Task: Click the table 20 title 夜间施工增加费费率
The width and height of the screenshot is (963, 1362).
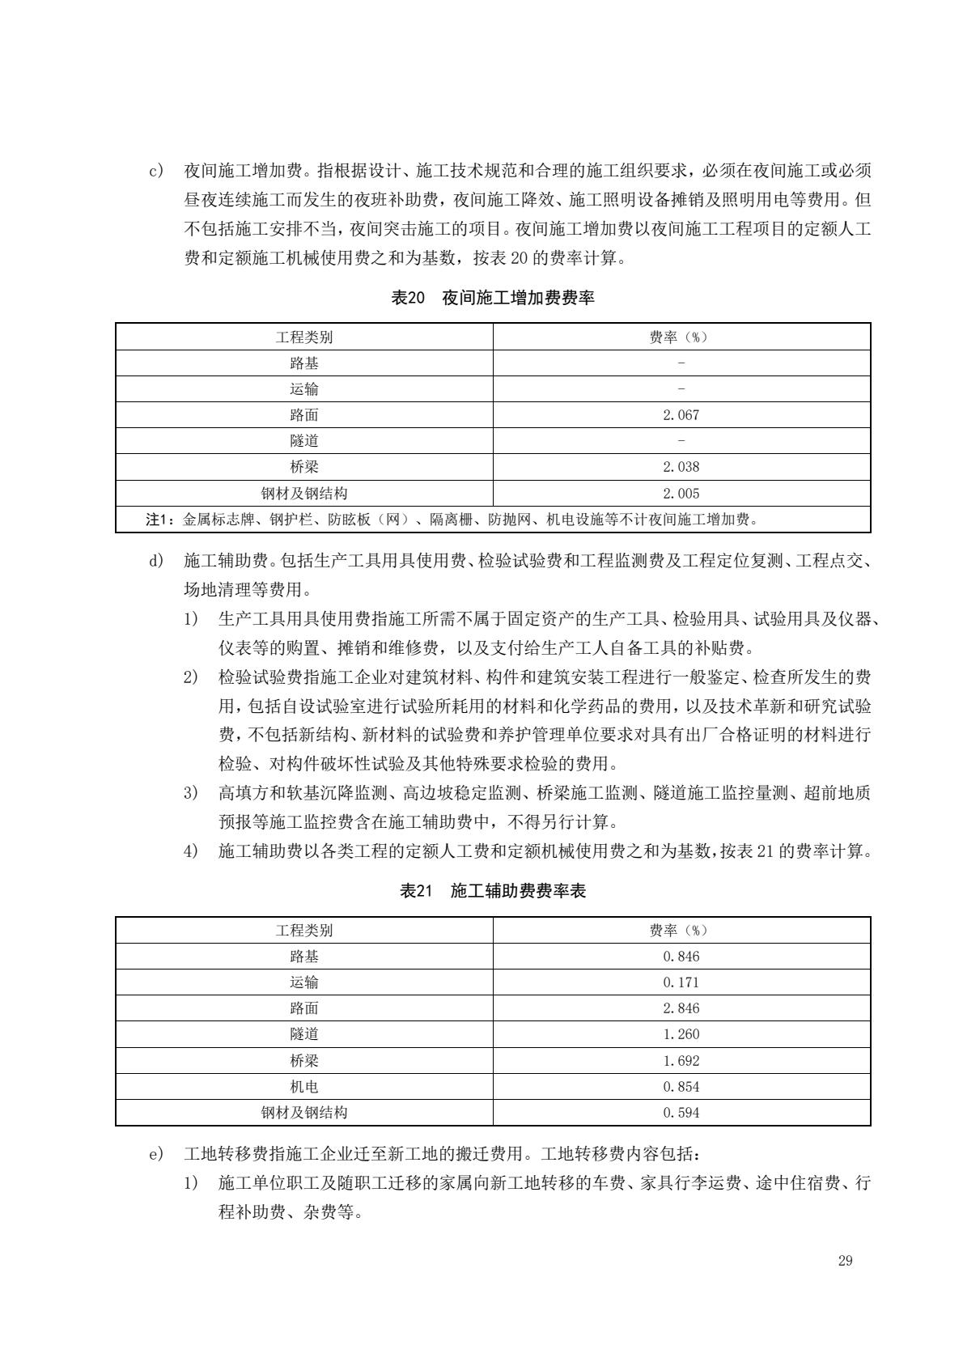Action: [x=493, y=298]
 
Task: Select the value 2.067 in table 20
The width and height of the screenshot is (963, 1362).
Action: [x=681, y=415]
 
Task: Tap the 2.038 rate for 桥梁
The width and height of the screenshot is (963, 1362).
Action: [x=681, y=467]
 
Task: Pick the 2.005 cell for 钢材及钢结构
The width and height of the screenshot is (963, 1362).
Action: [x=681, y=494]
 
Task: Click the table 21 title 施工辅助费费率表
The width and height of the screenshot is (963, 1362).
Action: [x=493, y=891]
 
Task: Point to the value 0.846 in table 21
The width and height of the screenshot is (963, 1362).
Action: [x=681, y=957]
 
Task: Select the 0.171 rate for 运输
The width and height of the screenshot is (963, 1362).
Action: [x=681, y=982]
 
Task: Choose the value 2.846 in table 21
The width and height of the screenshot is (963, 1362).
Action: [x=681, y=1008]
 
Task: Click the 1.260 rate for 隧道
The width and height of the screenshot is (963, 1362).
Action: [x=681, y=1034]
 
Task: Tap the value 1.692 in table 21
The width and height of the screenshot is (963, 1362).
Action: [x=681, y=1061]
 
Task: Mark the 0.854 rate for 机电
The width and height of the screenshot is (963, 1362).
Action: [x=681, y=1087]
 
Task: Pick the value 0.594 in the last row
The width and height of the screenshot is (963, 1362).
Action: [x=681, y=1113]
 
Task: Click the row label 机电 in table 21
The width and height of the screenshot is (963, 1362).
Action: [x=304, y=1087]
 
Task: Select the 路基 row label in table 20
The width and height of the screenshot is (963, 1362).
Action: [x=304, y=363]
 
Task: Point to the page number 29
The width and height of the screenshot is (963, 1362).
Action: [x=846, y=1261]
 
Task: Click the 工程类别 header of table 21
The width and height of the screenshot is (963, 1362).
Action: [x=304, y=931]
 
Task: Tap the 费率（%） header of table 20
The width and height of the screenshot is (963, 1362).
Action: [x=681, y=337]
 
